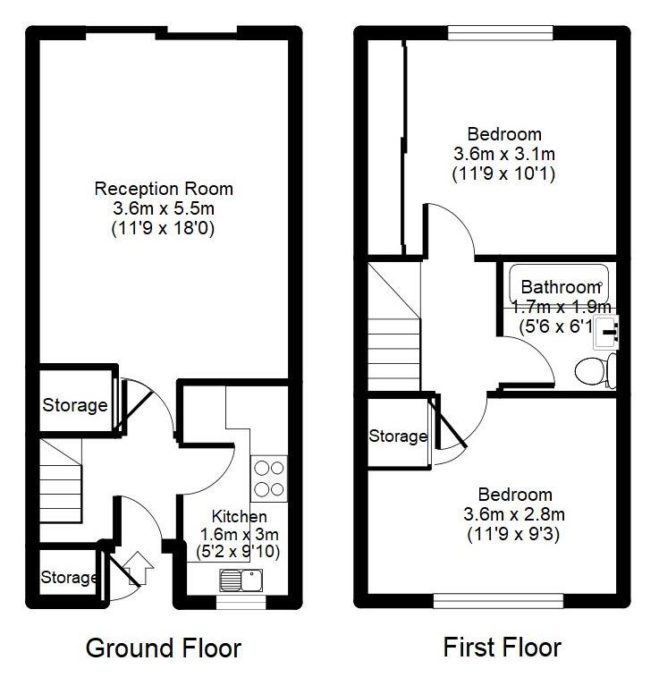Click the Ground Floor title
(163, 648)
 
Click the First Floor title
(502, 648)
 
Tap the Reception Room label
(164, 189)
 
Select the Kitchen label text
(239, 517)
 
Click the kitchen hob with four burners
(269, 479)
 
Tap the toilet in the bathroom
(594, 368)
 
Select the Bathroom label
(560, 288)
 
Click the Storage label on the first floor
(398, 436)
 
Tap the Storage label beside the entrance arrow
(69, 578)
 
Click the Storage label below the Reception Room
(75, 405)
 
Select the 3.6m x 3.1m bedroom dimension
(503, 154)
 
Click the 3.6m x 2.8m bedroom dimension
(514, 514)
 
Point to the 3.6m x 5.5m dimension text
(164, 208)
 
